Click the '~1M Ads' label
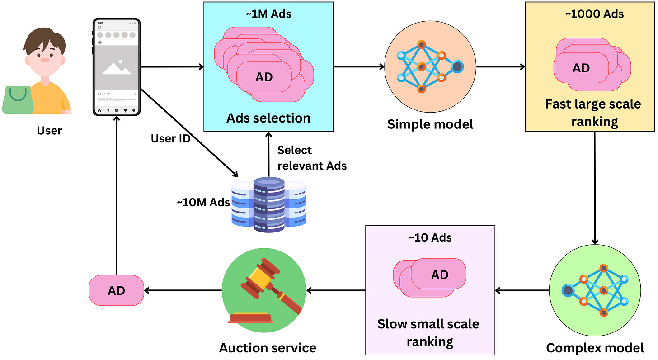(268, 14)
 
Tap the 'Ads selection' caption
(268, 118)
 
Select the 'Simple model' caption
(430, 124)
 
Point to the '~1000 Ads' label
(595, 14)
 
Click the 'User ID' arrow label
(171, 139)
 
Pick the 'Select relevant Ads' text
(312, 158)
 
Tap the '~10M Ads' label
(203, 203)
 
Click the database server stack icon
(269, 204)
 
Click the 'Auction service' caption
(268, 348)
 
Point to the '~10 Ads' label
(430, 238)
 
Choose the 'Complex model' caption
(595, 348)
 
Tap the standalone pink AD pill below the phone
(116, 291)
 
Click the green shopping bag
(18, 100)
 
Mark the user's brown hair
(44, 41)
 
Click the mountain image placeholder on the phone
(117, 67)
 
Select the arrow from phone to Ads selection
(173, 67)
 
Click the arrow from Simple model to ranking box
(501, 67)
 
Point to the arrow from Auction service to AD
(183, 291)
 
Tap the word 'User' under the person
(49, 131)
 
